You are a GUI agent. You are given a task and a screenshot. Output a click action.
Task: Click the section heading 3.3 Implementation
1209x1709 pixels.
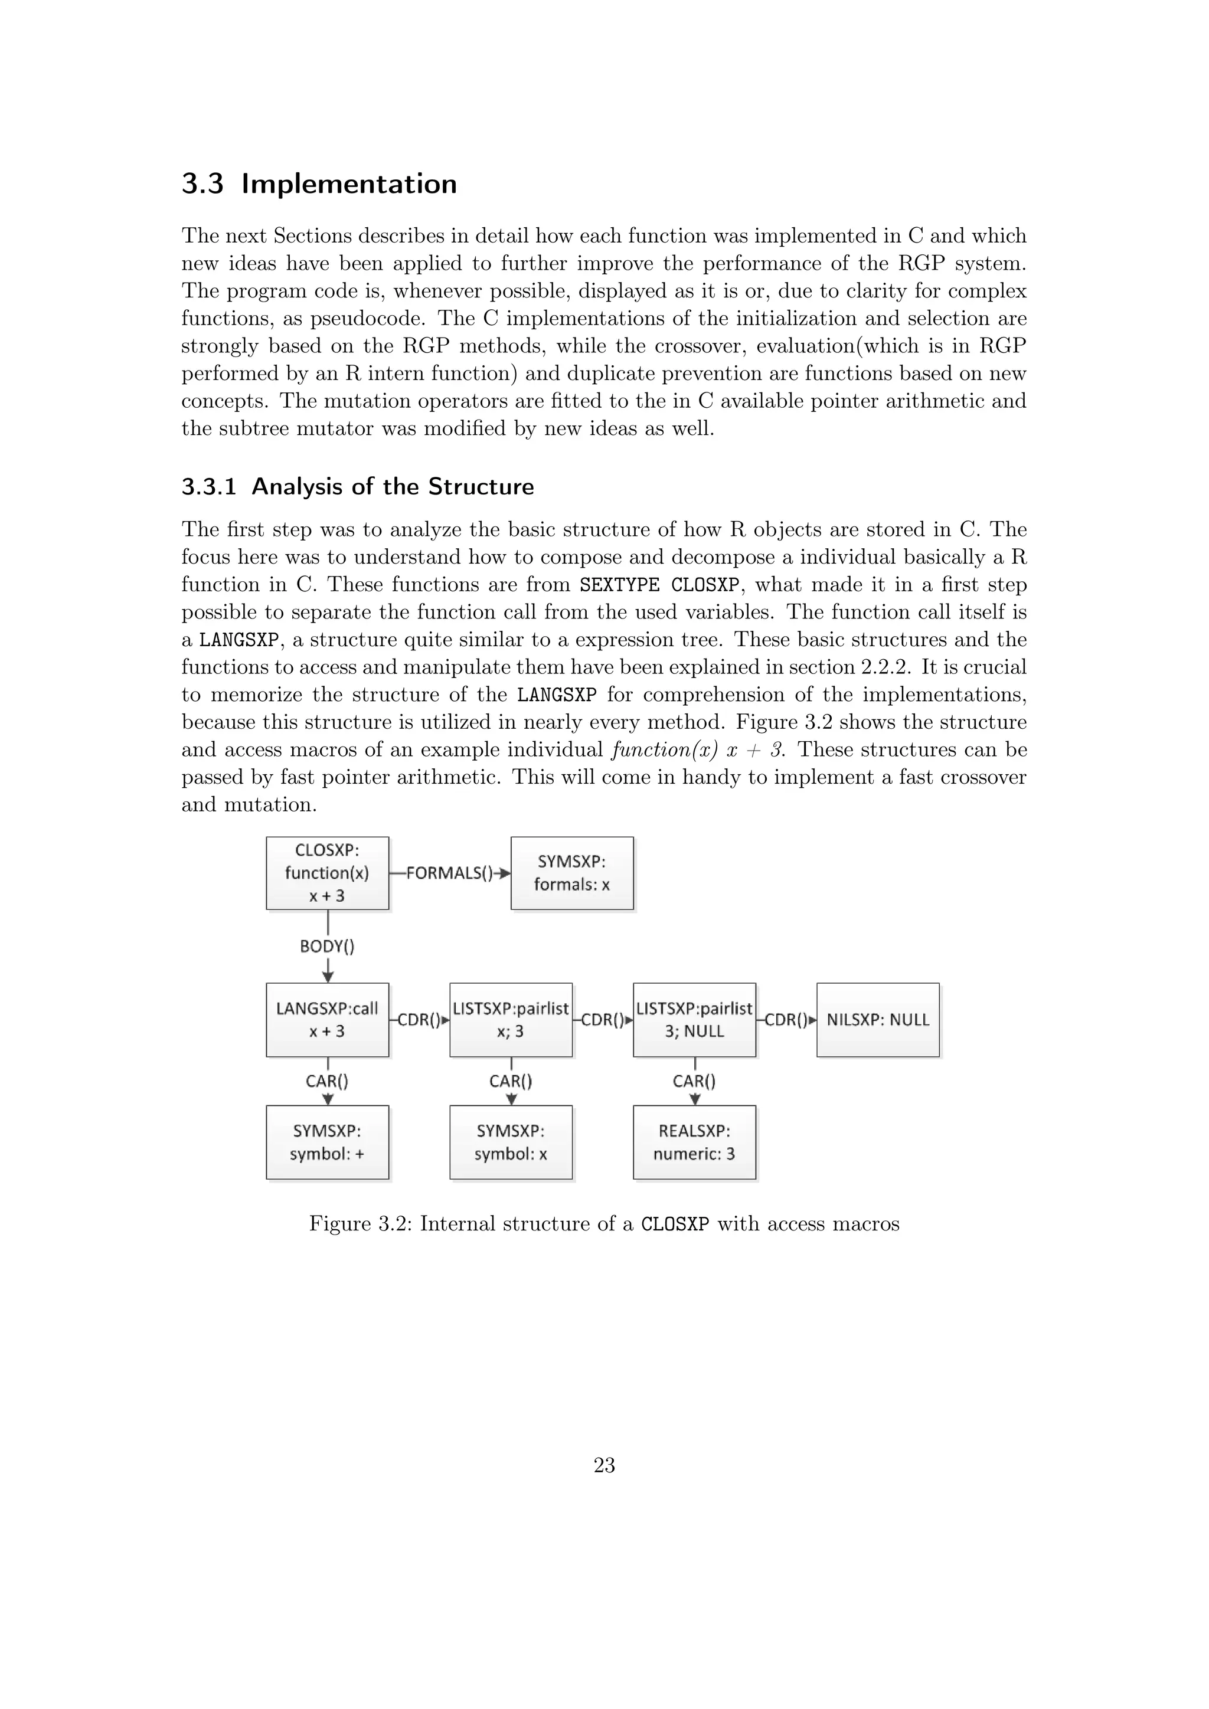tap(319, 184)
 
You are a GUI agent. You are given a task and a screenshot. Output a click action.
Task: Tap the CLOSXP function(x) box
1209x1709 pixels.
tap(327, 873)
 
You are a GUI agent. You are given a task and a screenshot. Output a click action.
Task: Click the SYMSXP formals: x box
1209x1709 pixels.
tap(572, 873)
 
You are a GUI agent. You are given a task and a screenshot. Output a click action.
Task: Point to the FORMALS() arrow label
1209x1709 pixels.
tap(449, 873)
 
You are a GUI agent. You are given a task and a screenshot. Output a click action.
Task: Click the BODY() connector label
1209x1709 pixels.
tap(327, 947)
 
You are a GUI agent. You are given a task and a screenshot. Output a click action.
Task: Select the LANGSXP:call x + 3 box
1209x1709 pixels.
tap(327, 1020)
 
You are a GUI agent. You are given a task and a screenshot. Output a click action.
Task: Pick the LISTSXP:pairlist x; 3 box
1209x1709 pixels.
tap(511, 1020)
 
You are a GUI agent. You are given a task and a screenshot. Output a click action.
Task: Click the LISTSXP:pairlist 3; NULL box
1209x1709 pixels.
tap(694, 1020)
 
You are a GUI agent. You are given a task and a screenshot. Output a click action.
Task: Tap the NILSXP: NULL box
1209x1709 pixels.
tap(878, 1020)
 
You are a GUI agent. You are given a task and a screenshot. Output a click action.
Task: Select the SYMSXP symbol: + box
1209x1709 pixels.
tap(327, 1142)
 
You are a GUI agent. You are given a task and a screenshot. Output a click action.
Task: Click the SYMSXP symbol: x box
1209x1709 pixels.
tap(511, 1142)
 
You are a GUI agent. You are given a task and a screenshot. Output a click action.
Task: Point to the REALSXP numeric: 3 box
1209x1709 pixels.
tap(694, 1142)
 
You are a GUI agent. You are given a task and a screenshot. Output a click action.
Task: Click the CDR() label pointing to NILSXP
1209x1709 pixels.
tap(786, 1020)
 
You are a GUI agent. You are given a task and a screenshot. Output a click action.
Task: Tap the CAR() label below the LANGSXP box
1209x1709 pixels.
tap(327, 1081)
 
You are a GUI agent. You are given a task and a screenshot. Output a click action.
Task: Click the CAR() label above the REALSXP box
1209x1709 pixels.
tap(694, 1081)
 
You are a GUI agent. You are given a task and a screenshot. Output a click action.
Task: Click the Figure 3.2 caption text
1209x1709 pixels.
tap(604, 1225)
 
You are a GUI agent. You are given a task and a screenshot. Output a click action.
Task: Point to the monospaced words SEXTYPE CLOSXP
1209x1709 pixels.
tap(659, 585)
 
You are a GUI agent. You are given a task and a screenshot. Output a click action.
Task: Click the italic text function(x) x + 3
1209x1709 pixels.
tap(698, 750)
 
